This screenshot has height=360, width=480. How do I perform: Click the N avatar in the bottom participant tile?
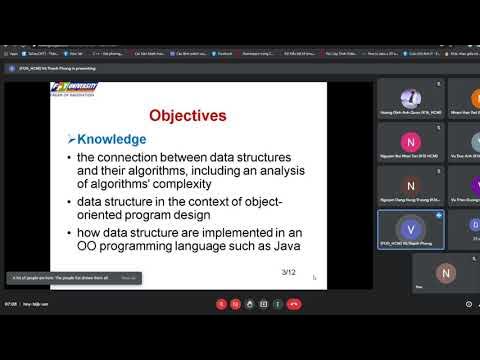point(446,272)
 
